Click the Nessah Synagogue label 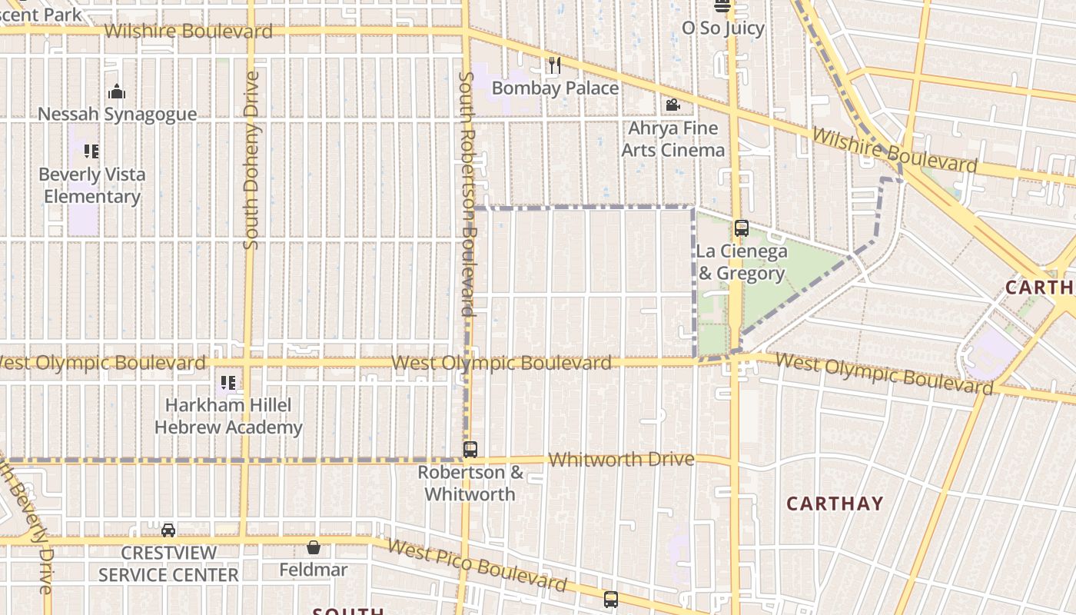coord(117,114)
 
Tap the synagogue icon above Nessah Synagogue coord(117,92)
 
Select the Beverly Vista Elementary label coord(91,185)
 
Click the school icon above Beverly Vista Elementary coord(91,151)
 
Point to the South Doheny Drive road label coord(251,160)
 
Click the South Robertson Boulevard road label coord(466,194)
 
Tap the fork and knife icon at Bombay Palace coord(555,65)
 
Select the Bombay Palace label coord(555,88)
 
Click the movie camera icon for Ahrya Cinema coord(672,105)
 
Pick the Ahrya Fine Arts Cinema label coord(672,138)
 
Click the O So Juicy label coord(723,28)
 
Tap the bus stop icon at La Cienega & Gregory coord(741,228)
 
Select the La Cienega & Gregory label coord(742,262)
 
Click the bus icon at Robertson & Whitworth coord(470,450)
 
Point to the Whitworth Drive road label coord(623,460)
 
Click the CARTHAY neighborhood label coord(835,504)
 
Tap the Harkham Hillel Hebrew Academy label coord(228,416)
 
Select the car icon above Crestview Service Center coord(168,530)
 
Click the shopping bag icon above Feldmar coord(314,547)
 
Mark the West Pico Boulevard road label coord(477,564)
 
